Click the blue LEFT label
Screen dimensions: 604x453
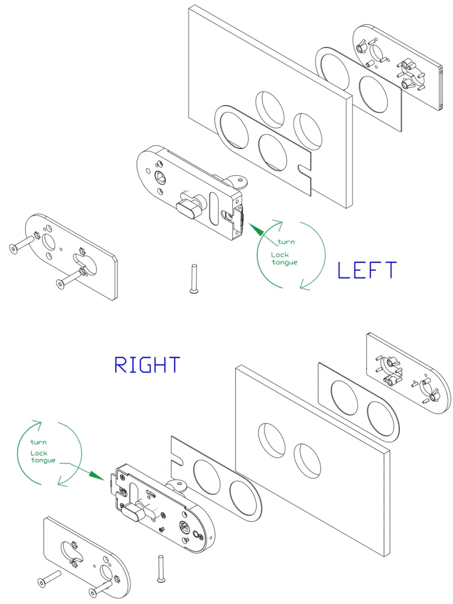coord(367,271)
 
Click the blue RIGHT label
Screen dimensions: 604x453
coord(147,365)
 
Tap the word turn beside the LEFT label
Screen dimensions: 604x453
coord(286,242)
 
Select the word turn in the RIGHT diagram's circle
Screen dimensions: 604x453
coord(38,442)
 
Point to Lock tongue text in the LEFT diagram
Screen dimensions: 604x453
coord(284,259)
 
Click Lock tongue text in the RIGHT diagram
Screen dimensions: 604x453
coord(42,457)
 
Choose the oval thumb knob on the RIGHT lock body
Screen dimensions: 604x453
coord(131,511)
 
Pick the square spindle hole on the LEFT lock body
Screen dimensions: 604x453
coord(161,177)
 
